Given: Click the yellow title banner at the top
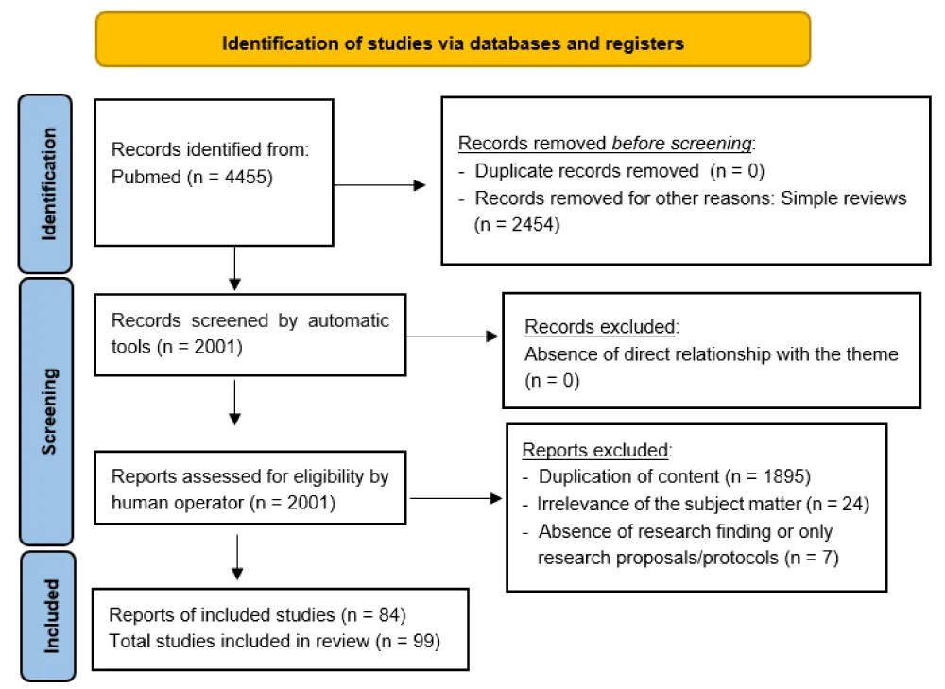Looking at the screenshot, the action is (x=454, y=40).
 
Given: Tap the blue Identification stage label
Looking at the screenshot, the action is (x=45, y=184).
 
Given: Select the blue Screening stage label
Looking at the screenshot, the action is (x=46, y=412).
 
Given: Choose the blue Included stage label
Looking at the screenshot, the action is (x=49, y=616).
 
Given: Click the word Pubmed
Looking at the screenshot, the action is (x=146, y=178).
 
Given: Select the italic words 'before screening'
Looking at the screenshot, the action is (x=681, y=144).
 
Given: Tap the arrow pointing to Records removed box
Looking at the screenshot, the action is (x=380, y=185).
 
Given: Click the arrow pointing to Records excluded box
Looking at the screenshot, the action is (x=452, y=336).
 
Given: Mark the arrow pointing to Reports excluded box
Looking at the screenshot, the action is (x=455, y=498).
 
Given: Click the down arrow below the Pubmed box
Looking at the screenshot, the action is (x=235, y=268).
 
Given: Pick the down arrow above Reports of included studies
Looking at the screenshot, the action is (x=237, y=557).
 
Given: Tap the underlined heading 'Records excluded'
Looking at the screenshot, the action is (x=600, y=327).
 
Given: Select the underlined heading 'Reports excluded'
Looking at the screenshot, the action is (x=594, y=450).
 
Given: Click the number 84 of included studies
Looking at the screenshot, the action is (x=389, y=615).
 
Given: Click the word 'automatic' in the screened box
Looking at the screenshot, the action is (x=349, y=320).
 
